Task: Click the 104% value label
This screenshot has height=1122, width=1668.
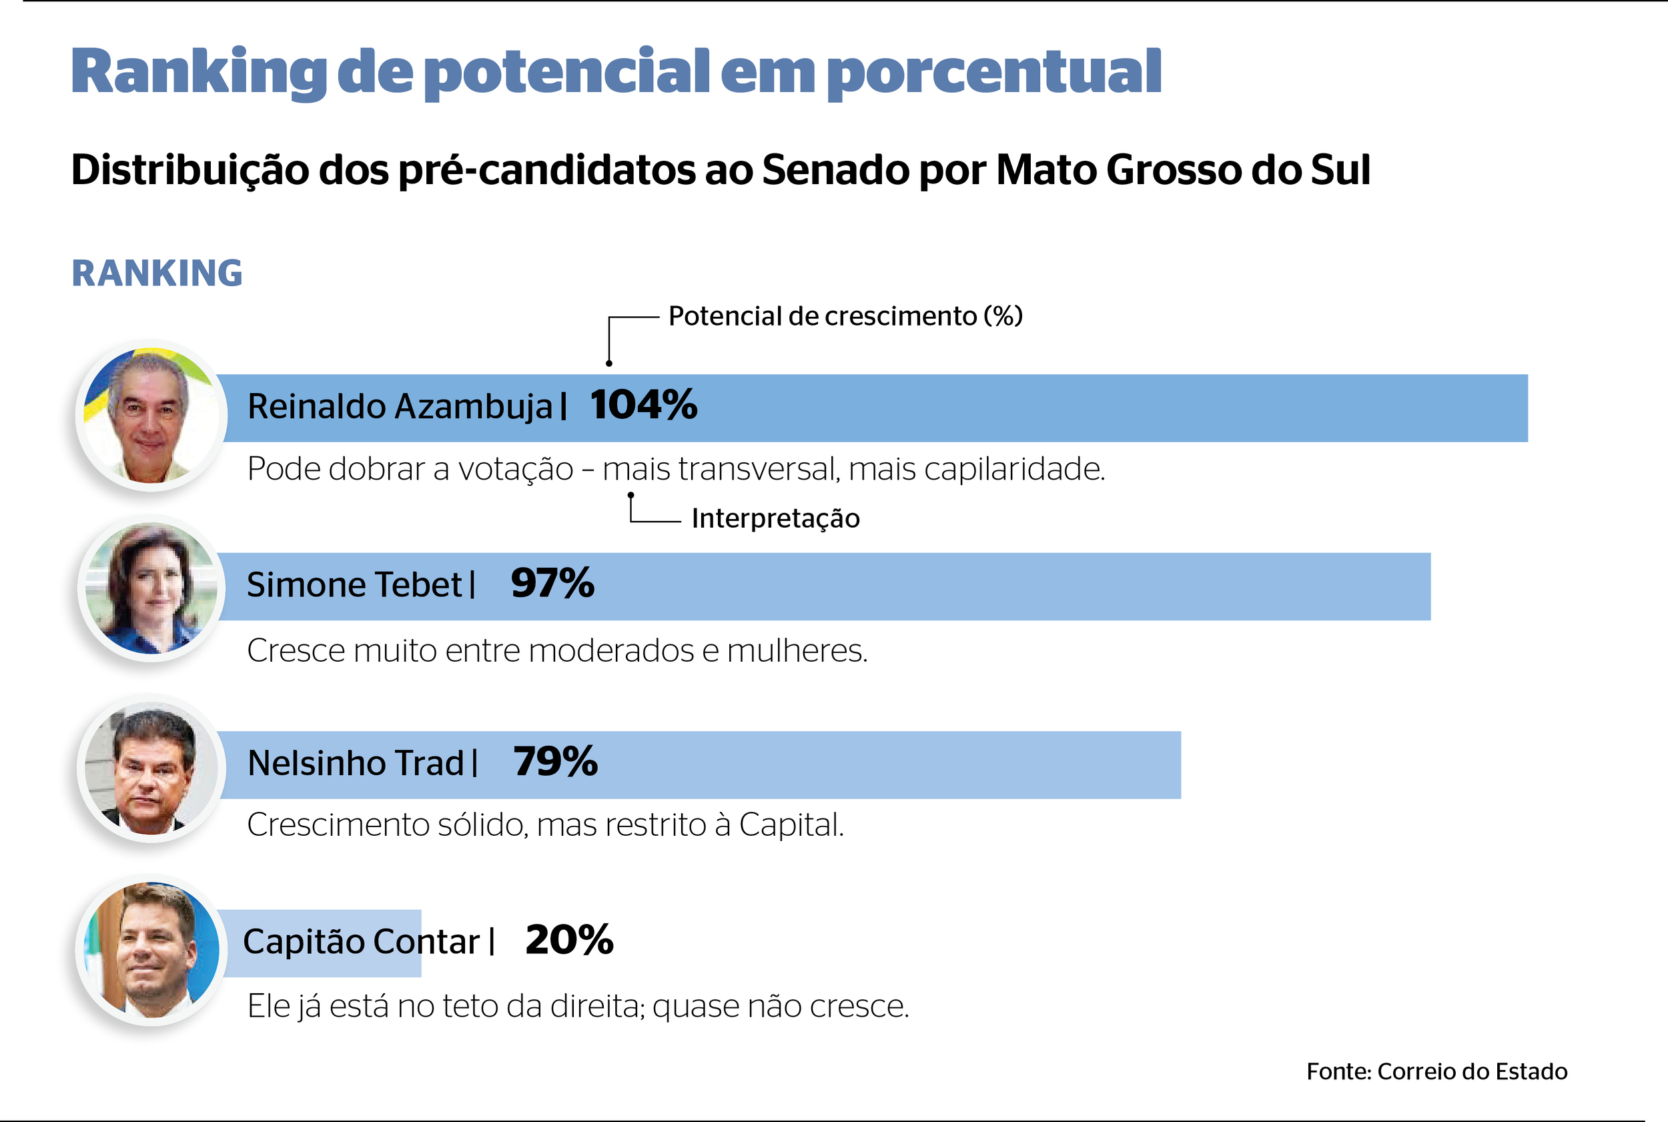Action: tap(643, 405)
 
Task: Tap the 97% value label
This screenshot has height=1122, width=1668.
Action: tap(552, 583)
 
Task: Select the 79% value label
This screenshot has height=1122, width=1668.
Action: tap(554, 761)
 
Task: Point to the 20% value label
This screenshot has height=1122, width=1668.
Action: tap(569, 941)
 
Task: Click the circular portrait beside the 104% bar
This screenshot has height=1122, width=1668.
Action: tap(151, 416)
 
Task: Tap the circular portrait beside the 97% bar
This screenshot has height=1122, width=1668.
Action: tap(151, 588)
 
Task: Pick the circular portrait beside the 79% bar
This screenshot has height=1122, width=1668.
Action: tap(151, 768)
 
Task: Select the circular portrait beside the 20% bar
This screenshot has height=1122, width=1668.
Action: tap(151, 949)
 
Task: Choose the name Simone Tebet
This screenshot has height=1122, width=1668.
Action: tap(354, 584)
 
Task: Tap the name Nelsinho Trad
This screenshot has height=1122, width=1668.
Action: tap(356, 763)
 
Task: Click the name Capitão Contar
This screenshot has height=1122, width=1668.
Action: tap(361, 942)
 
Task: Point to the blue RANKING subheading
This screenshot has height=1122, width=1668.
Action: tap(157, 273)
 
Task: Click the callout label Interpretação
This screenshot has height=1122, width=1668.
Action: tap(776, 518)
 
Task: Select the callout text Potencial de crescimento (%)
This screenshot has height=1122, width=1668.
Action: tap(845, 316)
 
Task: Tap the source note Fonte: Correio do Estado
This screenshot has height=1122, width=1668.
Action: tap(1436, 1071)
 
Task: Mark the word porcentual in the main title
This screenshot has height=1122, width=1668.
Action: tap(993, 73)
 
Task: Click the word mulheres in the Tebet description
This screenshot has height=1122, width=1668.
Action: tap(797, 651)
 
